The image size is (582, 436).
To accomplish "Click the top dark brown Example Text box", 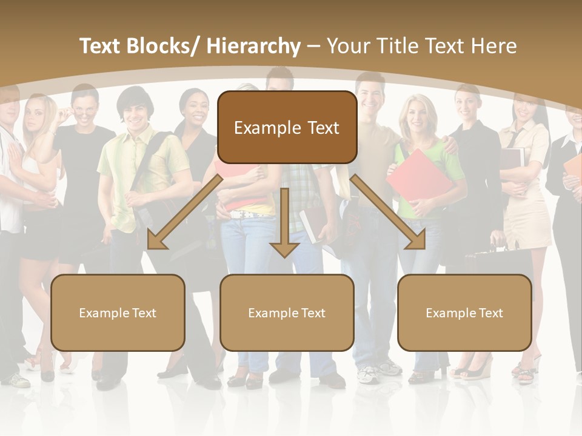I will [287, 127].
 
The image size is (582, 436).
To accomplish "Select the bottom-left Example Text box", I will [118, 312].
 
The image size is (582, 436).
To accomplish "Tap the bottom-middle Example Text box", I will [287, 312].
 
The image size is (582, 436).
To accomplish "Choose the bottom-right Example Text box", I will [464, 312].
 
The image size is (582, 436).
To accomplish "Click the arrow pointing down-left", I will [182, 212].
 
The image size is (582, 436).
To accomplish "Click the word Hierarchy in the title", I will [253, 46].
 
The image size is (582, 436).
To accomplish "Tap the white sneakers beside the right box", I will [370, 374].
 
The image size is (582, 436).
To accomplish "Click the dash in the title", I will [313, 46].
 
